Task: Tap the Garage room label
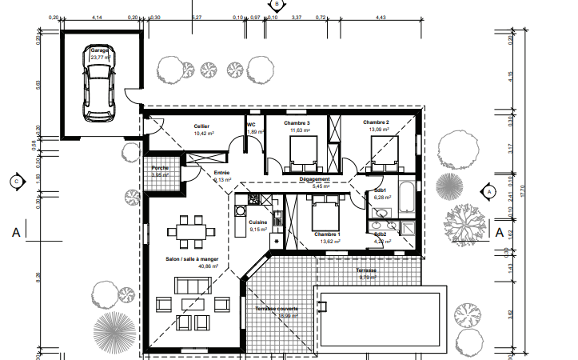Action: pos(99,50)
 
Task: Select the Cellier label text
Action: pos(201,126)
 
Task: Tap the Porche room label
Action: pos(160,167)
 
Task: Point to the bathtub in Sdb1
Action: pos(404,197)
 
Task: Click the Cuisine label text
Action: pos(257,222)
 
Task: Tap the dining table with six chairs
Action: pos(190,230)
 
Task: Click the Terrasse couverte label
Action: pos(277,308)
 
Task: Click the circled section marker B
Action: pos(277,5)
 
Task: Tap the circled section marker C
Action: pos(15,182)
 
